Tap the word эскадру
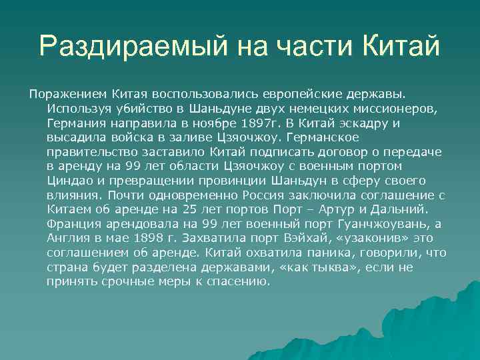[385, 123]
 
